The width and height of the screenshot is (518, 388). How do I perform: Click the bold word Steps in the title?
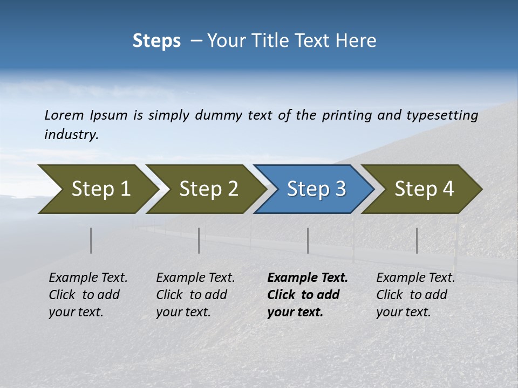156,41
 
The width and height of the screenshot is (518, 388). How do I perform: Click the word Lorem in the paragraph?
64,115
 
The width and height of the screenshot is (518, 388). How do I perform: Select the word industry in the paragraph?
70,134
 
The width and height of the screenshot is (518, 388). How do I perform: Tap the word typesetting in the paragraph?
442,115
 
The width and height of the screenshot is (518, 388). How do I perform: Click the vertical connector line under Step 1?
91,240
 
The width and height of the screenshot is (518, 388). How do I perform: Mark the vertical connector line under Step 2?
199,240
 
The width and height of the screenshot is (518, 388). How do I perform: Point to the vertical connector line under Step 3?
308,240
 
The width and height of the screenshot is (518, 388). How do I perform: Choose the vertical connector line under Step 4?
417,240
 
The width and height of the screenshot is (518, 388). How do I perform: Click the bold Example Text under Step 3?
308,278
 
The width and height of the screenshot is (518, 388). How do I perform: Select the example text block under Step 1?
88,295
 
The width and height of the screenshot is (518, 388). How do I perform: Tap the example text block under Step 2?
195,295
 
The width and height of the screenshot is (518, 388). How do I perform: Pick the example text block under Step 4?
415,295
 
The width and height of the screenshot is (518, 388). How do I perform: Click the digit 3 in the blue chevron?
340,189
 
